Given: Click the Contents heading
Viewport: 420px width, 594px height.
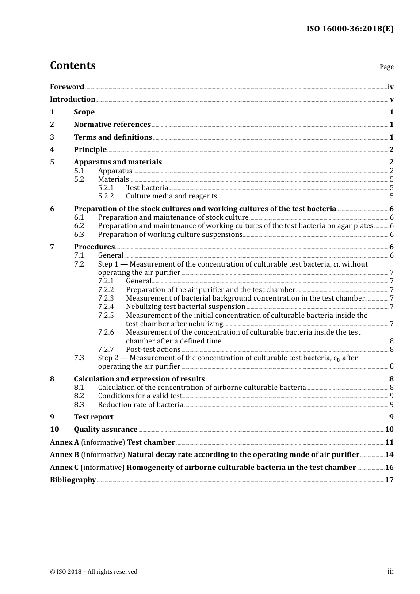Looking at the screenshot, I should tap(73, 65).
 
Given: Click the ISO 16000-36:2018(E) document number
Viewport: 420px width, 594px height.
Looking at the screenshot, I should tap(350, 29).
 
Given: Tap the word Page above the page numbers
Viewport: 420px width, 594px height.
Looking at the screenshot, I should tap(386, 67).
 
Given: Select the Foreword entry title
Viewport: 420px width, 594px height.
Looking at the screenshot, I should tap(67, 87).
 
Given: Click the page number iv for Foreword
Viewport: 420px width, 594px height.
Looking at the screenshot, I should tap(390, 87).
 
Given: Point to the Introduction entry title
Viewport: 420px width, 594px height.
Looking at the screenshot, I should tap(73, 99).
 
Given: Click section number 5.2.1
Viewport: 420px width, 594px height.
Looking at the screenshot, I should tap(106, 188).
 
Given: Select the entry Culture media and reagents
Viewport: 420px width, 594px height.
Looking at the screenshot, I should tap(171, 196).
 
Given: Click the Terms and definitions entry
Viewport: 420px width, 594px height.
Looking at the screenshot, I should tap(113, 137).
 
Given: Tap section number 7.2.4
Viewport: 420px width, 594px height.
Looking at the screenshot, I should tap(106, 307).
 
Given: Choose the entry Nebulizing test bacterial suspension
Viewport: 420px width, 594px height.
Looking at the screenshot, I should tap(186, 307).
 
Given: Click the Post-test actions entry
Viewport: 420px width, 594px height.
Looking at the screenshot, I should tap(153, 350).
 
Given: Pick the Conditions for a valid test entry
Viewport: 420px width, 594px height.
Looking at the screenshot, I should tap(140, 396).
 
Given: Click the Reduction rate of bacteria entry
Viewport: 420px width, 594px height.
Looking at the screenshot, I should tap(141, 405).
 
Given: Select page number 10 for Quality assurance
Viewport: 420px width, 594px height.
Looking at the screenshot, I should tap(389, 430).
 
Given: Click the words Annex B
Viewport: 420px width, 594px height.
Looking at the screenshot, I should tap(65, 455).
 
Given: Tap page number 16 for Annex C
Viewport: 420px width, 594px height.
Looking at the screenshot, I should tap(389, 468).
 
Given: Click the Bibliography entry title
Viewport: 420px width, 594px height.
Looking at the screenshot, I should tap(73, 480).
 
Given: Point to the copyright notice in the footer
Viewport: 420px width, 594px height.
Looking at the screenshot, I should tap(94, 572).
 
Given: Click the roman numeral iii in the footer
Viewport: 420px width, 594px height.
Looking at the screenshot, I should tap(390, 571).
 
